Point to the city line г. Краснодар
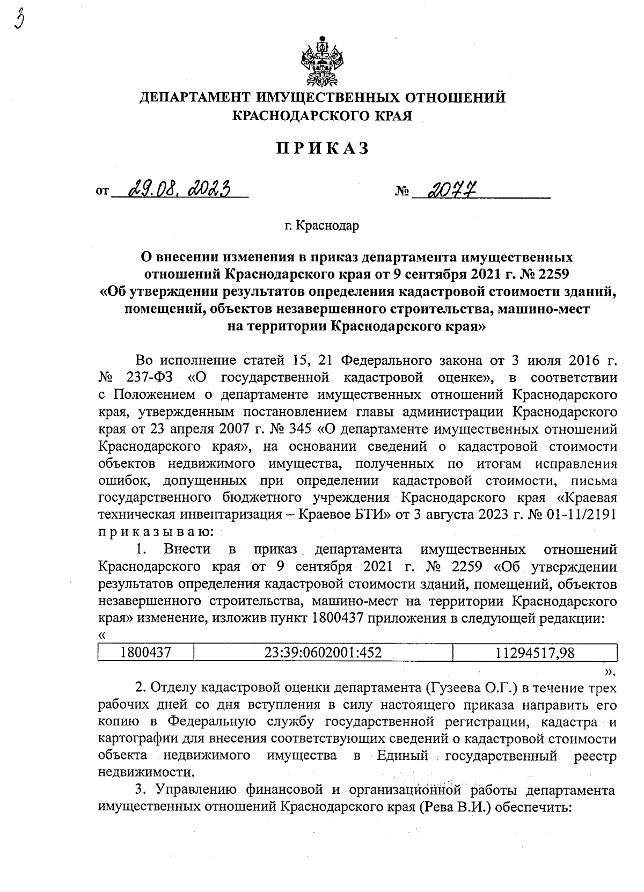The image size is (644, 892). click(x=322, y=225)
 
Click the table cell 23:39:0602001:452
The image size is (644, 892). click(x=323, y=652)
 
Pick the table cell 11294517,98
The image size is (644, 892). click(x=535, y=652)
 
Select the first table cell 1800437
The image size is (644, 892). click(x=145, y=652)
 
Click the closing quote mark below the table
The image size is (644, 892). click(x=610, y=670)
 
